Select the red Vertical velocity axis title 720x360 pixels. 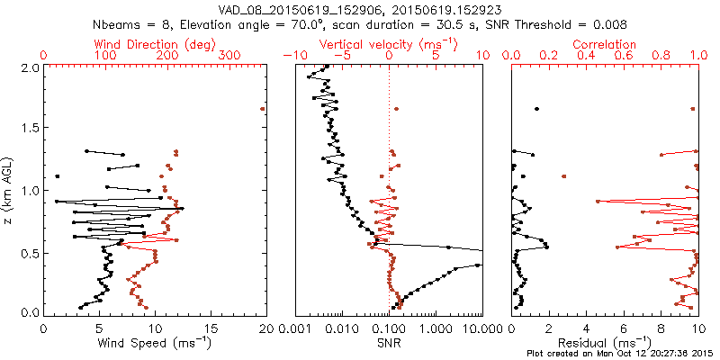[389, 44]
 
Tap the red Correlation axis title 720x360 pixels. [605, 44]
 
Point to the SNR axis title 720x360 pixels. [389, 344]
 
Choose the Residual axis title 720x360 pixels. [605, 344]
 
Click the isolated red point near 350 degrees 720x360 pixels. [263, 109]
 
